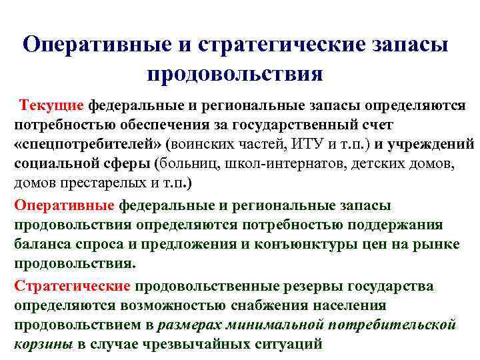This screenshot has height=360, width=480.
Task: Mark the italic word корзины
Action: [43, 344]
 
